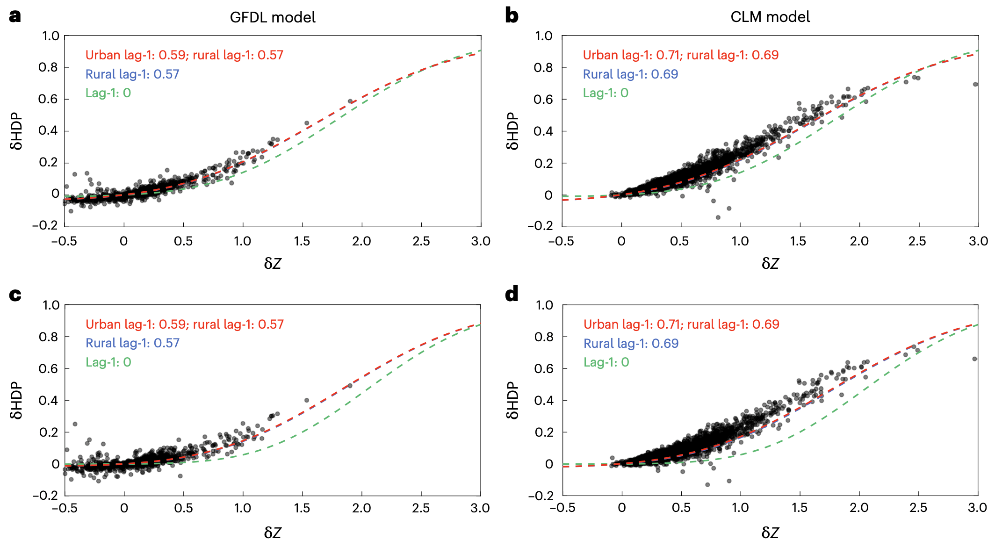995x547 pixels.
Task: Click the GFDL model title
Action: pyautogui.click(x=273, y=17)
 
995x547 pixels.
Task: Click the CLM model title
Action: pyautogui.click(x=770, y=17)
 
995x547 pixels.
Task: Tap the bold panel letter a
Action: pyautogui.click(x=15, y=16)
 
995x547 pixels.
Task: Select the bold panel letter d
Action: pyautogui.click(x=512, y=294)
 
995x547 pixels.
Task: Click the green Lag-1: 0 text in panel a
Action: pyautogui.click(x=108, y=93)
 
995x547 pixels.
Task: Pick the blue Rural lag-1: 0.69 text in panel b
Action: pyautogui.click(x=630, y=74)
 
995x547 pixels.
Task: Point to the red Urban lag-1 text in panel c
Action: pyautogui.click(x=184, y=324)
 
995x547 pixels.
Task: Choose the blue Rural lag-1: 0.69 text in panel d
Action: pyautogui.click(x=631, y=344)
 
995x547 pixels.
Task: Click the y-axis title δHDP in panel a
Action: pyautogui.click(x=17, y=131)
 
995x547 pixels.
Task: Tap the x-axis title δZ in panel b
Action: pyautogui.click(x=770, y=264)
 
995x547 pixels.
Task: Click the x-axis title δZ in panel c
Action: pyautogui.click(x=273, y=533)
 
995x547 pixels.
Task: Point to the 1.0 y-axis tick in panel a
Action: pyautogui.click(x=50, y=36)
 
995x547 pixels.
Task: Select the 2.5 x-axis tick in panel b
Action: pyautogui.click(x=917, y=241)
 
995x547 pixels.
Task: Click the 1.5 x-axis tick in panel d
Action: pyautogui.click(x=799, y=508)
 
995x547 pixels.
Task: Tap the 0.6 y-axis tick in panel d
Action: pyautogui.click(x=543, y=368)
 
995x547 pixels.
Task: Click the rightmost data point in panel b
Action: pyautogui.click(x=975, y=85)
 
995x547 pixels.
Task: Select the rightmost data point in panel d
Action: pyautogui.click(x=975, y=359)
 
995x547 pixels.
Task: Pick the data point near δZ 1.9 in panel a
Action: pyautogui.click(x=350, y=101)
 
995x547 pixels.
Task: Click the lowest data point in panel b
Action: pyautogui.click(x=718, y=217)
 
